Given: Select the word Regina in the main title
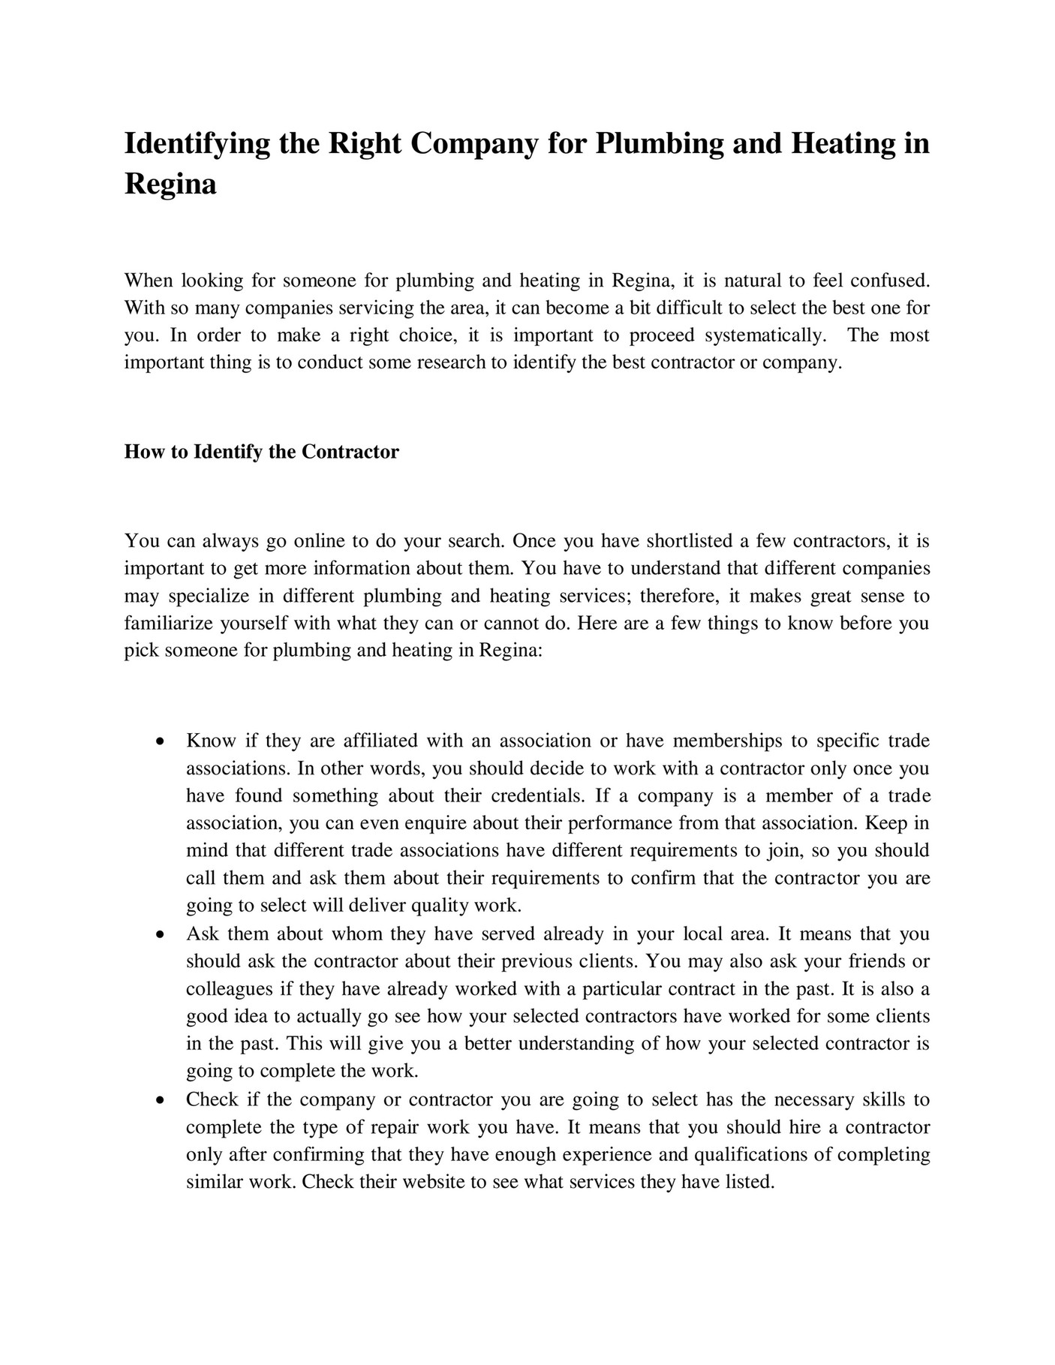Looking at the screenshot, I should coord(170,184).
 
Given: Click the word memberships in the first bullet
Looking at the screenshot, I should coord(726,741).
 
